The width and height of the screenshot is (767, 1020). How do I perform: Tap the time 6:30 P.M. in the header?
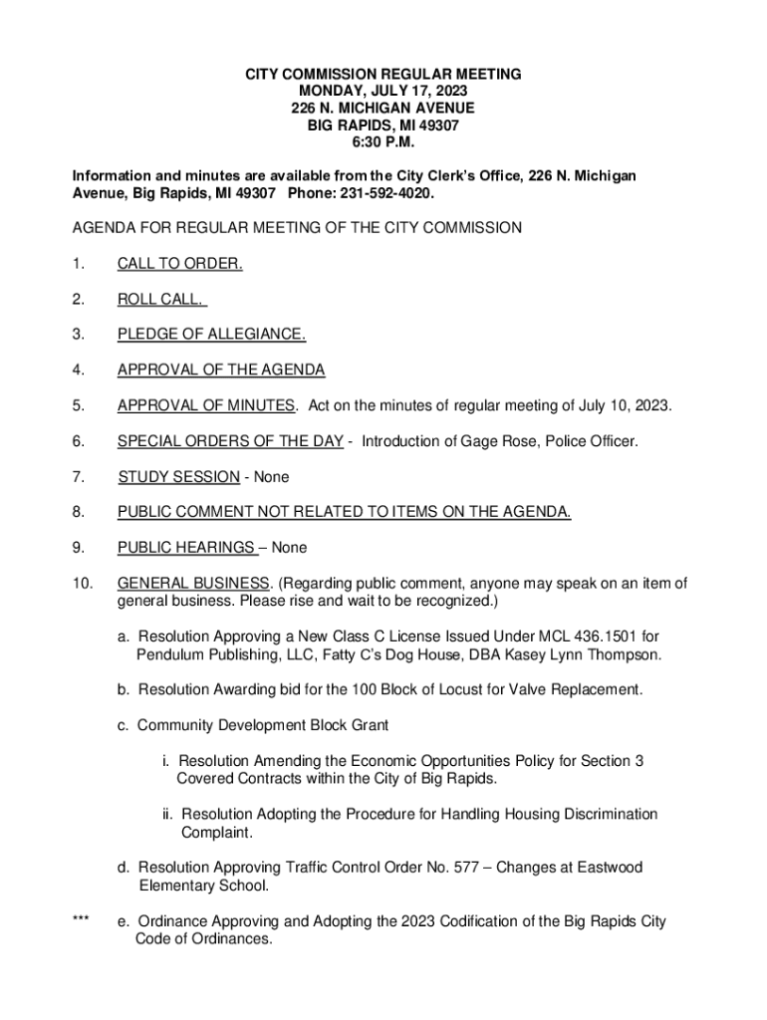point(383,141)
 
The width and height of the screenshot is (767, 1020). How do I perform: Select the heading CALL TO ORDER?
point(179,264)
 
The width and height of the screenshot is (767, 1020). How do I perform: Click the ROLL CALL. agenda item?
point(160,299)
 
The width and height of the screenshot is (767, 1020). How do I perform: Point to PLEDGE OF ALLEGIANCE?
point(211,335)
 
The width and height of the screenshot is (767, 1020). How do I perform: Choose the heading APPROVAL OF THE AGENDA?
point(221,371)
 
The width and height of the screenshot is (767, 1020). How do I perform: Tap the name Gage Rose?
point(493,441)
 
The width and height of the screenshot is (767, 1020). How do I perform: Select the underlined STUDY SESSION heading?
point(178,477)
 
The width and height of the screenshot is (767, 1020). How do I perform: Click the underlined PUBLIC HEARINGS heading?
point(186,548)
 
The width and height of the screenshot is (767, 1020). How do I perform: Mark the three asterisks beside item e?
point(82,921)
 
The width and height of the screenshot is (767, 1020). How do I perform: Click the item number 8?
point(78,513)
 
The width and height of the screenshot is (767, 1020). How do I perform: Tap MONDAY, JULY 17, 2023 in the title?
point(383,91)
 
